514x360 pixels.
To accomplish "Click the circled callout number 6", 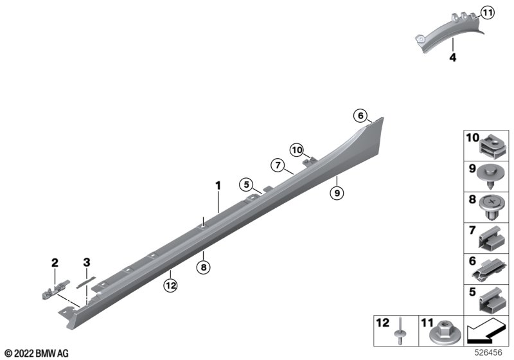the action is point(360,116).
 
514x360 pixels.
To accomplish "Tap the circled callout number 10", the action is point(297,150).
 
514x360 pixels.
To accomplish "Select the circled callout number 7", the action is point(278,165).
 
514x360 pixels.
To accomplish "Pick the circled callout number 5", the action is point(247,184).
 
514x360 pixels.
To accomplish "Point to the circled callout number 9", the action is point(337,193).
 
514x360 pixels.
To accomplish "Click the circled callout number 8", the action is point(204,267).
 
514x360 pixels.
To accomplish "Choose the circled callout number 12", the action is point(171,285).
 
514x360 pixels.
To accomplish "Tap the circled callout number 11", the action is point(488,13).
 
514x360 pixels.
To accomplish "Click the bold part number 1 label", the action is point(218,186).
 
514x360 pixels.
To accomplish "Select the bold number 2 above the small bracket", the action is point(55,263).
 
